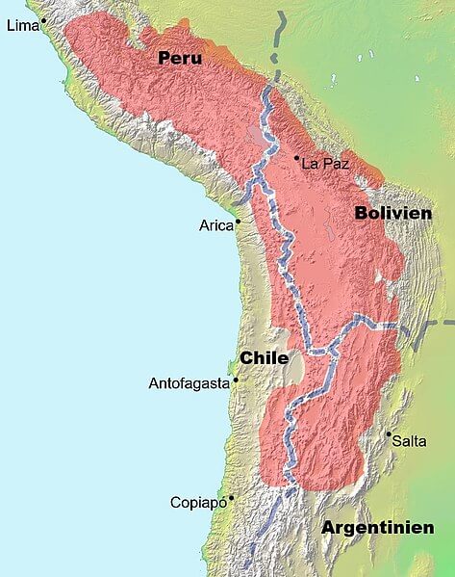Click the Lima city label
coord(21,26)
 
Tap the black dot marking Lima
coord(43,20)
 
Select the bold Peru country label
coord(180,59)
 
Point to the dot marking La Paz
coord(297,157)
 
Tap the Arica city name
coord(216,225)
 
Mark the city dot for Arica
coord(238,222)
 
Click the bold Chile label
coord(264,357)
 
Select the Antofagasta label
coord(189,383)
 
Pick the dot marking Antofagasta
coord(236,380)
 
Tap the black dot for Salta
coord(389,434)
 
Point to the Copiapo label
coord(197,502)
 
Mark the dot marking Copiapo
coord(232,498)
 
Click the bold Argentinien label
coord(377,528)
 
